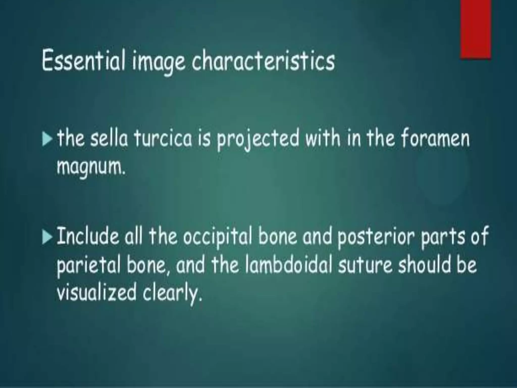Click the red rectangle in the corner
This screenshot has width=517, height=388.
[476, 29]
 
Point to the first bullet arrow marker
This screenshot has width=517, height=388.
[47, 140]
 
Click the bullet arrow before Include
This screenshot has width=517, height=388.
[47, 238]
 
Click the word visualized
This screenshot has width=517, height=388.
[96, 293]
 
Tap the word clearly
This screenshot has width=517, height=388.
[172, 294]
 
